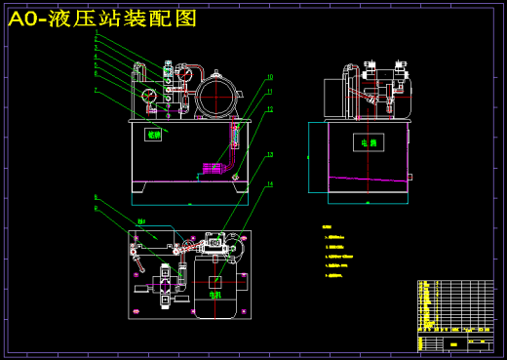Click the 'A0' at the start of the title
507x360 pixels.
pyautogui.click(x=26, y=19)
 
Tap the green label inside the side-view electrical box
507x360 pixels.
pyautogui.click(x=368, y=142)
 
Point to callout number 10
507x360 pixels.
pyautogui.click(x=270, y=76)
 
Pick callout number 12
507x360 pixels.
pyautogui.click(x=270, y=109)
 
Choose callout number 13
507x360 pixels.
pyautogui.click(x=270, y=154)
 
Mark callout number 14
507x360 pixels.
pyautogui.click(x=270, y=184)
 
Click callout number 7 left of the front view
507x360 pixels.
pyautogui.click(x=97, y=91)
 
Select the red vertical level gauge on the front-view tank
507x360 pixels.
pyautogui.click(x=234, y=137)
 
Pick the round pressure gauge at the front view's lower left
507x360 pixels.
pyautogui.click(x=148, y=96)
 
